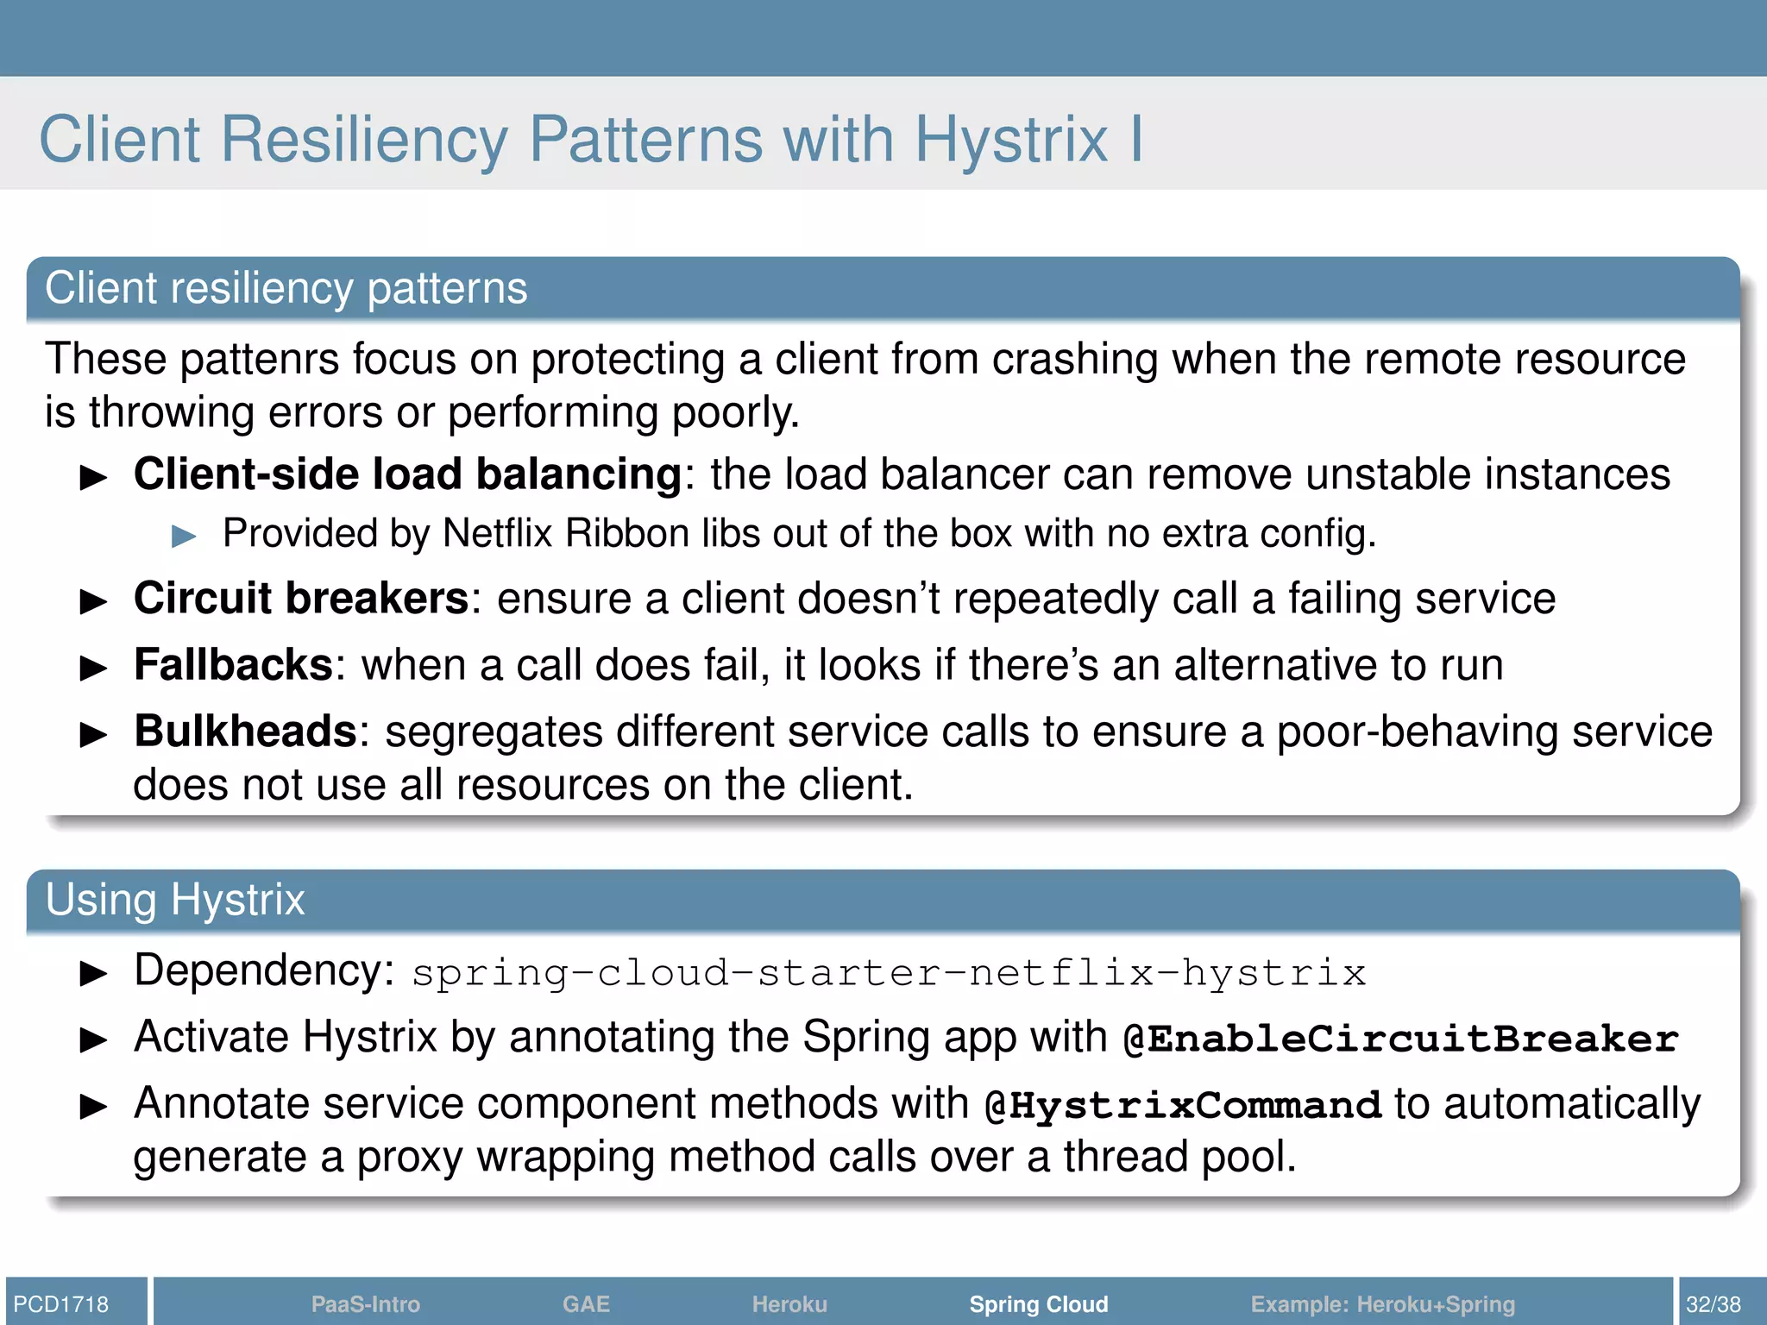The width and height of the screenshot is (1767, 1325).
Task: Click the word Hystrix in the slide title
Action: [1010, 140]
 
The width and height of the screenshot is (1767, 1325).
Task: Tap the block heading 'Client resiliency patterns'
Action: [286, 288]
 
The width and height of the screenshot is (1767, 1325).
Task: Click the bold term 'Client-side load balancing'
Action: [408, 474]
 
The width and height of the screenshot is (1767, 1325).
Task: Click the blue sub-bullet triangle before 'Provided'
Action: [185, 537]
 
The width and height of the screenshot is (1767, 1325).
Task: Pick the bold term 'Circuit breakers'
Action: [301, 599]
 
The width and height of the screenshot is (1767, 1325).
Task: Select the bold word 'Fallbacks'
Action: [234, 665]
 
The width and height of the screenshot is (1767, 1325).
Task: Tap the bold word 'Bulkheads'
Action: [246, 732]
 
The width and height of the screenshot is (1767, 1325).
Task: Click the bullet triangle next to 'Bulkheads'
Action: [93, 735]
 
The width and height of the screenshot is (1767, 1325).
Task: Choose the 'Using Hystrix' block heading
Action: [175, 900]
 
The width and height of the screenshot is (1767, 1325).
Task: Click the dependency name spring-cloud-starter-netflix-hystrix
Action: [889, 973]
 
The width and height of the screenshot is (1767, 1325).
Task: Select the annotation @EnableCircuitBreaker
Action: [1401, 1039]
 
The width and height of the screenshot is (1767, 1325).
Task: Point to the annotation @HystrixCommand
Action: [1183, 1106]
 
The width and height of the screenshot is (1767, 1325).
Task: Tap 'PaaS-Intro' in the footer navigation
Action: [366, 1304]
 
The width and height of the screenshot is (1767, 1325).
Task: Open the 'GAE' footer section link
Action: [586, 1304]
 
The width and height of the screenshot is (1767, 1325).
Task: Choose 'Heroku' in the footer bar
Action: [789, 1304]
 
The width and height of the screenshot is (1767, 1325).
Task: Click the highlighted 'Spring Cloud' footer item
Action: [1039, 1304]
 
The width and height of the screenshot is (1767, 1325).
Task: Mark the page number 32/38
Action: [1714, 1304]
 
